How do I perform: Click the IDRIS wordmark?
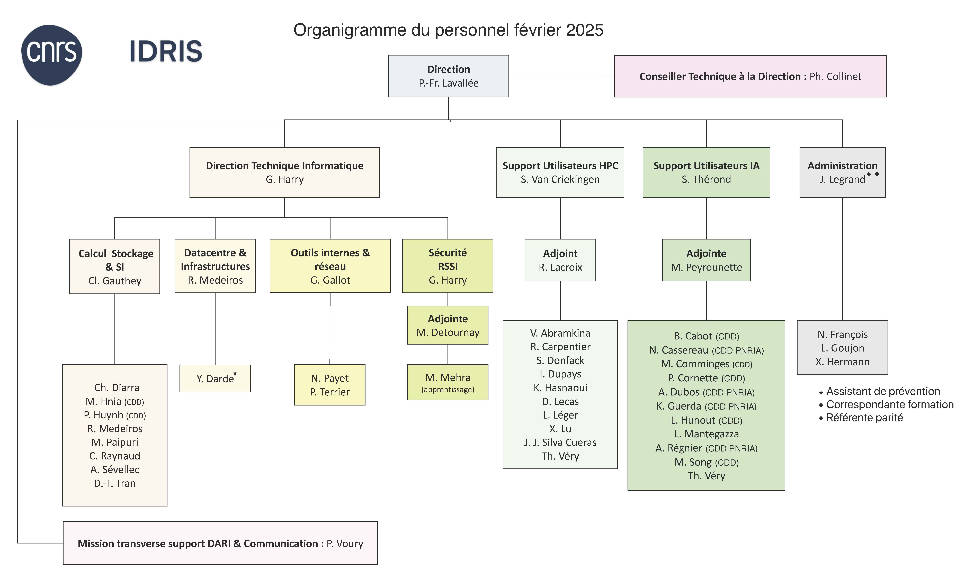(166, 51)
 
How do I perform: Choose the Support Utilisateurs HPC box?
(560, 172)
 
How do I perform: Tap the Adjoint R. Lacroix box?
(560, 260)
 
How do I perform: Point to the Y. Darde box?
(215, 378)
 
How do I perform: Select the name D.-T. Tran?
(115, 483)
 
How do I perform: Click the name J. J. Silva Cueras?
(560, 442)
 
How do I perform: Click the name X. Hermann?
(842, 362)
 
